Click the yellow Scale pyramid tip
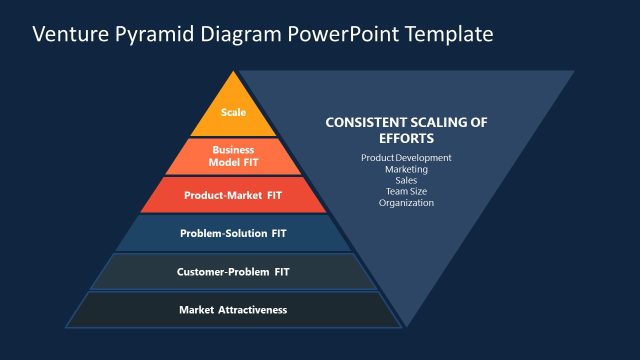(233, 112)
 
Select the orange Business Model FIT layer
(233, 155)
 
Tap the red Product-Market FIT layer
(233, 195)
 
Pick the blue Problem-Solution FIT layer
(233, 233)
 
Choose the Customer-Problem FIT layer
(233, 271)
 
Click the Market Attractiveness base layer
(233, 309)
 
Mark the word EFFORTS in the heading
(406, 139)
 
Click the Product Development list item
(406, 158)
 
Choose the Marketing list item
(406, 169)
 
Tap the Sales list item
(406, 180)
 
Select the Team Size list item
(406, 191)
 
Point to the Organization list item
(406, 203)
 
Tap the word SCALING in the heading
(441, 123)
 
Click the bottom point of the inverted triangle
(405, 325)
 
